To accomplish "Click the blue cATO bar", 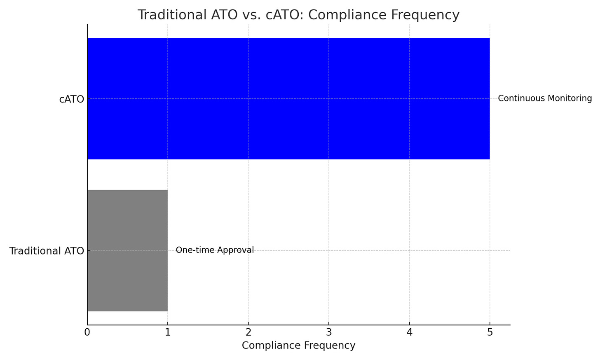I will point(288,98).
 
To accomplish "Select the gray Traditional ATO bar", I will point(127,250).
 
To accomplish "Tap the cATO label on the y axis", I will point(71,99).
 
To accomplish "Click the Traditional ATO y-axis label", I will point(47,251).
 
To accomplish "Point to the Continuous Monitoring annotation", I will point(545,98).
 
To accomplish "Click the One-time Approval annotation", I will point(215,250).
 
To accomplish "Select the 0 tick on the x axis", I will point(87,332).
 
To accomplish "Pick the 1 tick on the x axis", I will point(168,332).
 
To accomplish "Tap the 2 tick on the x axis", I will point(248,332).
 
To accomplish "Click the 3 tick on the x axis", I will point(329,332).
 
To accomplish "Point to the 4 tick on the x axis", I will point(409,332).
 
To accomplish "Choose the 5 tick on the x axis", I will point(490,332).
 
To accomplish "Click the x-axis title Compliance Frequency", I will point(298,346).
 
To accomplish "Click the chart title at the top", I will point(298,15).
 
